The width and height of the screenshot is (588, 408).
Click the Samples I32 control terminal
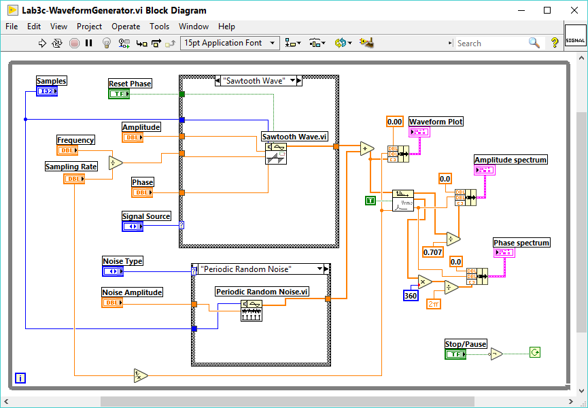click(47, 91)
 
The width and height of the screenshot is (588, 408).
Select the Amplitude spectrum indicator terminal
click(485, 170)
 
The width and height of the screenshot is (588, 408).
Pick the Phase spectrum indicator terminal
click(504, 252)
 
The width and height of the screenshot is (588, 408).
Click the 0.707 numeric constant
click(432, 252)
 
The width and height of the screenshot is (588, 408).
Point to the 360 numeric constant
click(411, 296)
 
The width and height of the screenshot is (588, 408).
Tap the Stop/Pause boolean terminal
click(455, 354)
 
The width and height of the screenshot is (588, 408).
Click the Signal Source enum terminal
click(132, 226)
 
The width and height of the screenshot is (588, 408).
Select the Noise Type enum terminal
click(113, 271)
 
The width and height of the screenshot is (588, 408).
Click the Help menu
click(226, 27)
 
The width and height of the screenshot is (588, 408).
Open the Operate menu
click(126, 27)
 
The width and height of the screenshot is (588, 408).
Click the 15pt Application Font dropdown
click(230, 43)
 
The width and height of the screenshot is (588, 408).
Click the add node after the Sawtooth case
click(367, 149)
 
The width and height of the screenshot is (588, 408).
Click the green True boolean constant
click(370, 200)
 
